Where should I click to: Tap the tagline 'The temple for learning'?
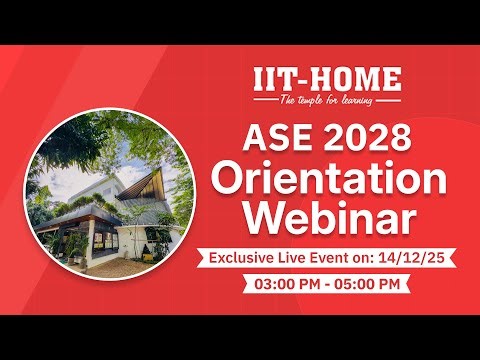(x=327, y=100)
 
